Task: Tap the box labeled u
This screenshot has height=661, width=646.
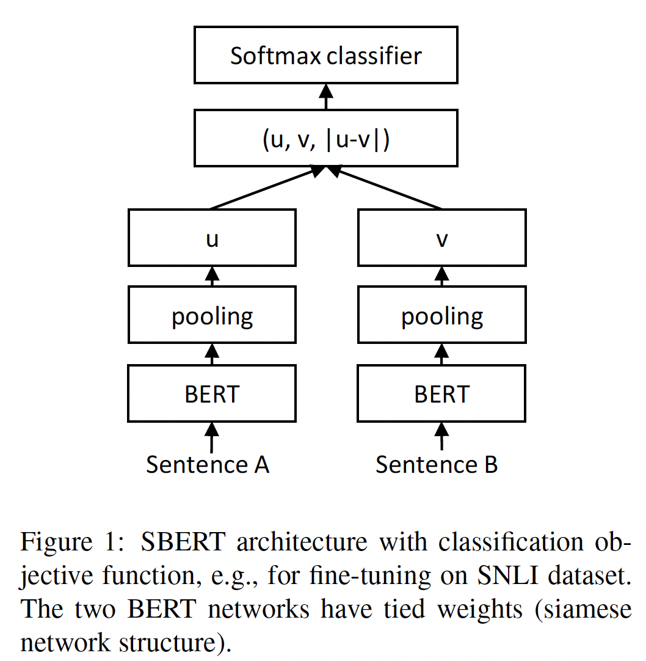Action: [212, 238]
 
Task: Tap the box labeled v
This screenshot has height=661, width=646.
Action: [441, 238]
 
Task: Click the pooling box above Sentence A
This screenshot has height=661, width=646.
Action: [212, 316]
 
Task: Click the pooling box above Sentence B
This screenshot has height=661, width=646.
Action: [441, 316]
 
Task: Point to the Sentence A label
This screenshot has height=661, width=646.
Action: [208, 465]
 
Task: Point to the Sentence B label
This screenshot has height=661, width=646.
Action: [437, 465]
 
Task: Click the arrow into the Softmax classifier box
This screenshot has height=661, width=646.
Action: [326, 97]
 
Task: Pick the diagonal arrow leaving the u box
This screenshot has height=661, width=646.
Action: [263, 189]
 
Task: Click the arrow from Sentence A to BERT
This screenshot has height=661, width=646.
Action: [212, 437]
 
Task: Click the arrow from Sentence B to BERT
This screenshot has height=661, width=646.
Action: [441, 437]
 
